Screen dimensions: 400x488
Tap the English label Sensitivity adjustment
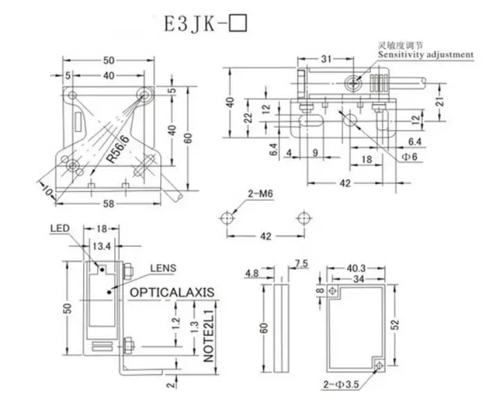pos(426,54)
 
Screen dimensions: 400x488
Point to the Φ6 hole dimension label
pos(410,158)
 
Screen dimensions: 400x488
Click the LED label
pos(61,228)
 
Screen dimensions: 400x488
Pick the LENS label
pos(164,267)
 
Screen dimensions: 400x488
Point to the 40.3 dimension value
pos(356,267)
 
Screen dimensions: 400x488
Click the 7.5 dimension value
pos(302,263)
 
